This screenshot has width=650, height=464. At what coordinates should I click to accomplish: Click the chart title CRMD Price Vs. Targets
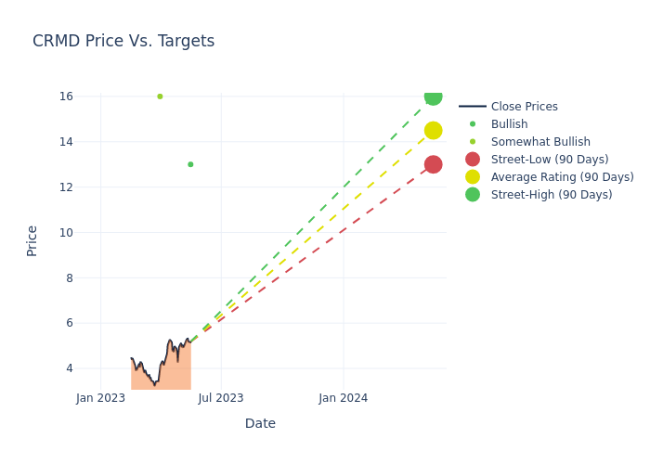click(123, 42)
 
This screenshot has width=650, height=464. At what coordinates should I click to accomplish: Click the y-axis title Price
click(32, 240)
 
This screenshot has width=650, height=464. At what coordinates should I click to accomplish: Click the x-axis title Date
click(260, 424)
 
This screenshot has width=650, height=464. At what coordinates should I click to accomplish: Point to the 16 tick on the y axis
click(66, 97)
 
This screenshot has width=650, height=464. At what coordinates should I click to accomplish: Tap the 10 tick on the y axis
click(66, 233)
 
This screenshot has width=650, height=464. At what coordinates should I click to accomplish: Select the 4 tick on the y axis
click(69, 368)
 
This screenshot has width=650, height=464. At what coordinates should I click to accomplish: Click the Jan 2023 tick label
click(100, 398)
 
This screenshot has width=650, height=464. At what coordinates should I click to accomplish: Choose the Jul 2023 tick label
click(221, 398)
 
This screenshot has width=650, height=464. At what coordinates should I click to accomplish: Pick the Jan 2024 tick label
click(344, 398)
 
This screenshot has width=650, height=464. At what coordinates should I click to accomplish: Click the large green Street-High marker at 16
click(433, 97)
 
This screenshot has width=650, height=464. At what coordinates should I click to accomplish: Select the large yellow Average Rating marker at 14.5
click(433, 131)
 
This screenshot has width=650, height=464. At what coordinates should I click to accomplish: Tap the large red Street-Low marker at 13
click(433, 164)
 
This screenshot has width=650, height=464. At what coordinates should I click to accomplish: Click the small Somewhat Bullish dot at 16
click(160, 97)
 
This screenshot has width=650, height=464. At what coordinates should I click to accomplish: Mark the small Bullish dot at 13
click(190, 164)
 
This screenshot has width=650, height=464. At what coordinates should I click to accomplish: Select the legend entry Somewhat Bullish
click(540, 142)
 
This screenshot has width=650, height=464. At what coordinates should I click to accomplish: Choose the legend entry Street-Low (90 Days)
click(550, 160)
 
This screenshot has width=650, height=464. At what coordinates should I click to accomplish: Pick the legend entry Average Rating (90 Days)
click(562, 177)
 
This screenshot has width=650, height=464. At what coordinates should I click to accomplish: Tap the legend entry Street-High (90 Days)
click(552, 195)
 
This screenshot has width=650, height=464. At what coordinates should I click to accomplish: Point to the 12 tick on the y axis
click(66, 187)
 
